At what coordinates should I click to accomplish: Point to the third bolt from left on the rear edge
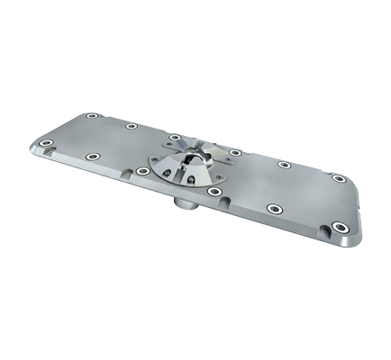[175, 137]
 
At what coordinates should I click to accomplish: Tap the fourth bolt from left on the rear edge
[233, 152]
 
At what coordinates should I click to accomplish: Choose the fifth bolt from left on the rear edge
[284, 165]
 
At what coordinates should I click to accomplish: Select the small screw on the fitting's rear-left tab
[173, 142]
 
